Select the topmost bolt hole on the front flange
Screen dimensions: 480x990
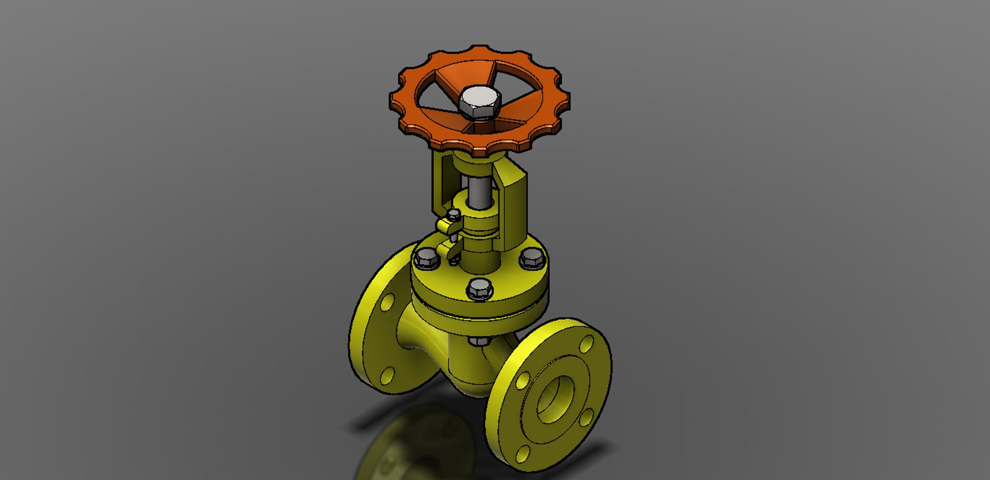[587, 344]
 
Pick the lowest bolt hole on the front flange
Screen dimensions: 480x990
[522, 454]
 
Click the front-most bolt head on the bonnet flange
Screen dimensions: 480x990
[480, 289]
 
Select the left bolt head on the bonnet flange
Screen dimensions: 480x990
[426, 258]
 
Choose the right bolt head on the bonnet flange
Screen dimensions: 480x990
[532, 258]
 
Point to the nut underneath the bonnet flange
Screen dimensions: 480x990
[479, 341]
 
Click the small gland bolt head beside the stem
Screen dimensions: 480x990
[454, 215]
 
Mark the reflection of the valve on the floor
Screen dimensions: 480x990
[418, 444]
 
